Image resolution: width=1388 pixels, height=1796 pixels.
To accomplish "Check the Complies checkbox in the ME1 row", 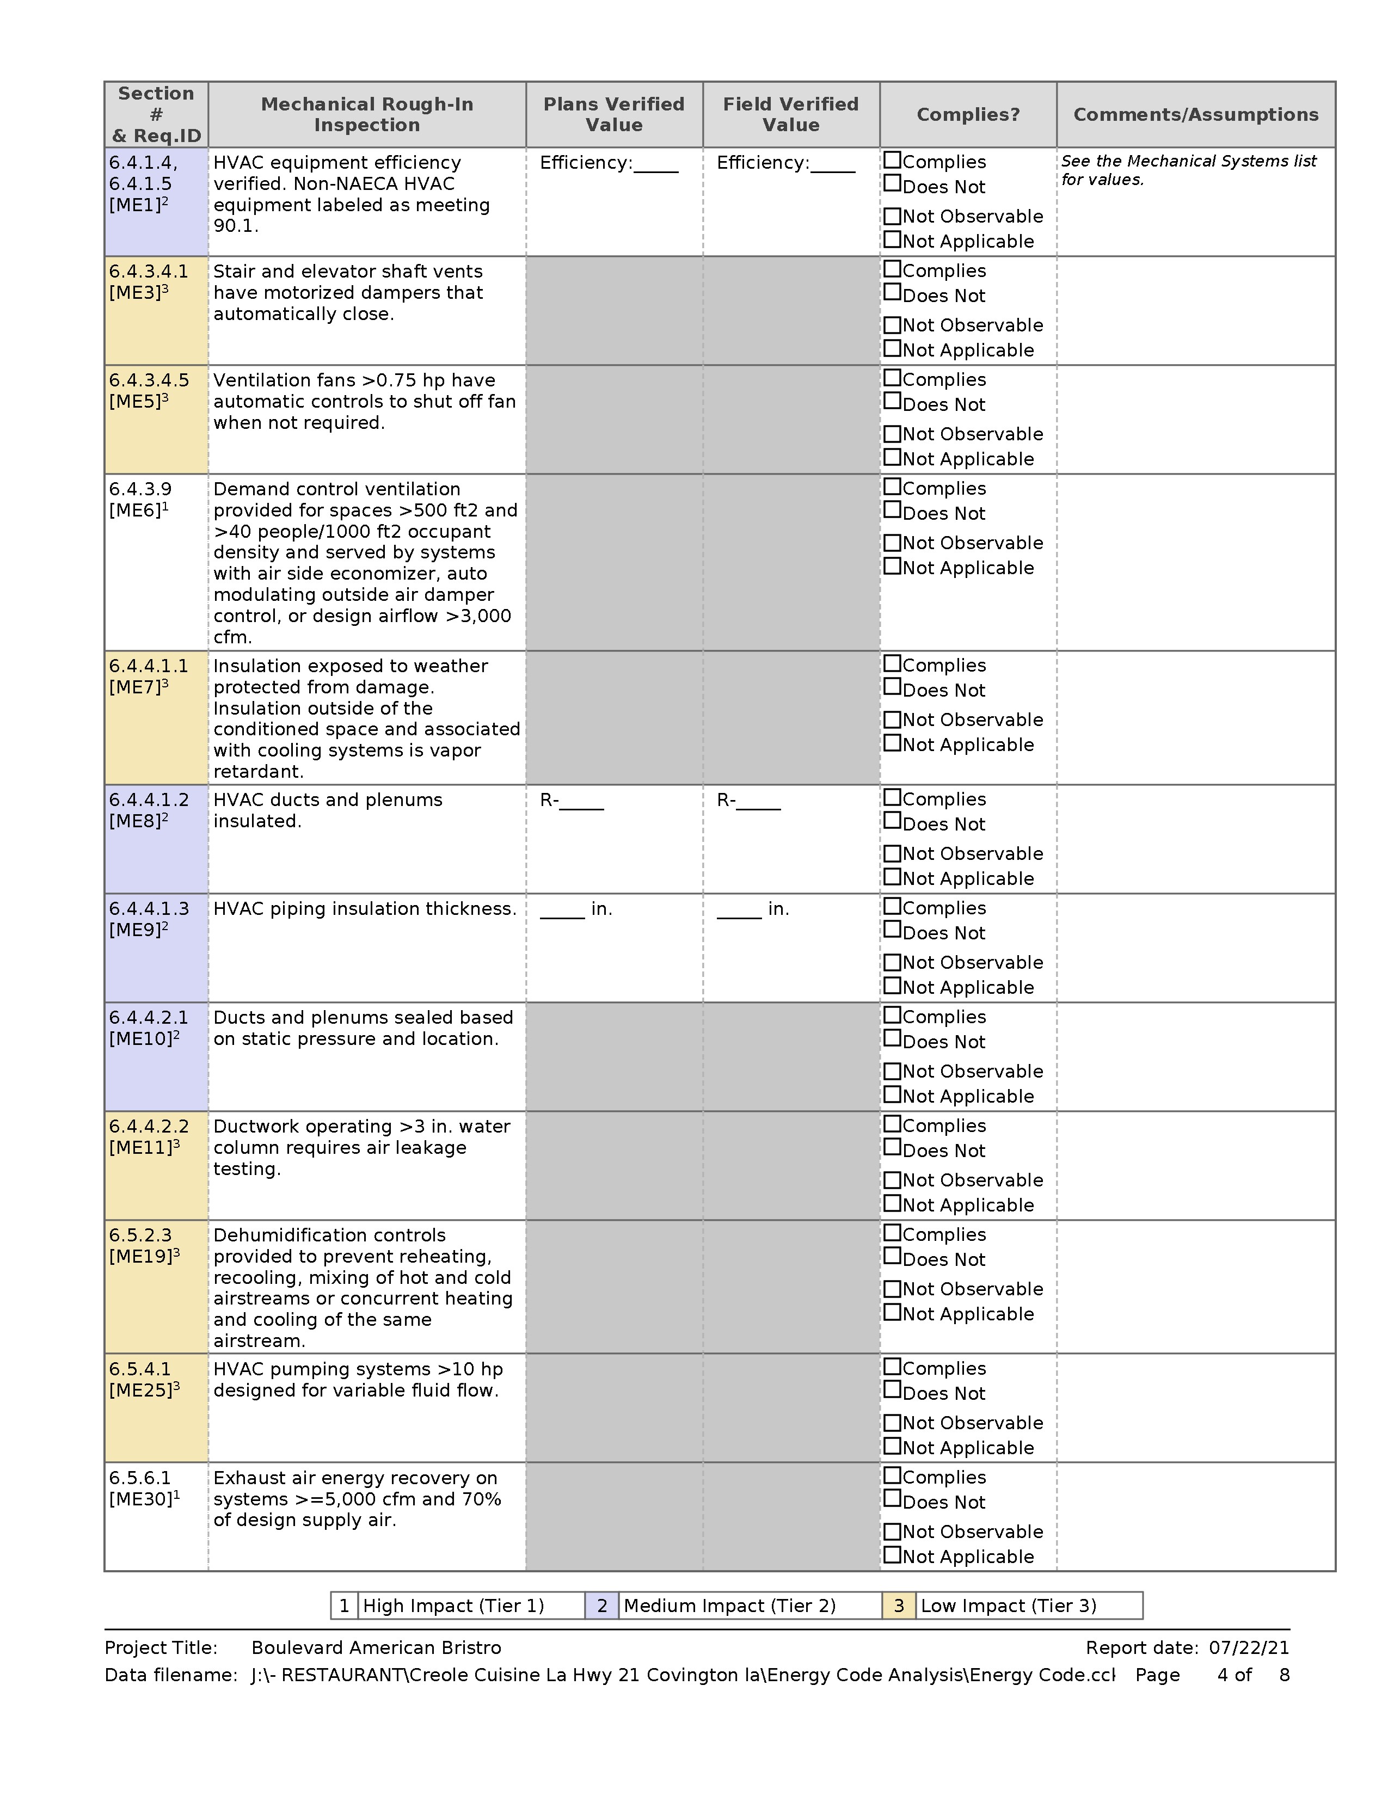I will [x=892, y=161].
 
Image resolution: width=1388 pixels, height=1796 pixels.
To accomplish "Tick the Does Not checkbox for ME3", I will [x=892, y=293].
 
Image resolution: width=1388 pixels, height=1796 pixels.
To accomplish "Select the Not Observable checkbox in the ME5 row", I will [x=892, y=433].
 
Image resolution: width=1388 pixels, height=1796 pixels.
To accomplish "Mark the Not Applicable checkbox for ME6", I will [x=892, y=567].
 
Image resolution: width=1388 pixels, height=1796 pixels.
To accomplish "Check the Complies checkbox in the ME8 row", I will [x=892, y=798].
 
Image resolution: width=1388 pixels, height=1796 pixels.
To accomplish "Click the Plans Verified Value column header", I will [x=613, y=114].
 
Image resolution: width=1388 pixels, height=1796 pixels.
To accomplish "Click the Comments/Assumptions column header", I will [x=1196, y=114].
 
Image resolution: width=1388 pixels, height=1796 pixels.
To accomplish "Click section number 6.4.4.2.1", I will [x=149, y=1017].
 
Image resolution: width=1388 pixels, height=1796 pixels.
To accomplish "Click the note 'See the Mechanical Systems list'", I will [x=1188, y=161].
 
